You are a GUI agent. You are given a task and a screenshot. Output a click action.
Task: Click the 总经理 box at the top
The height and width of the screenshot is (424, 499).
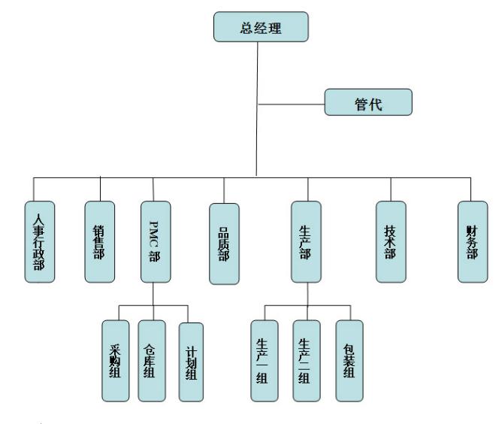(259, 27)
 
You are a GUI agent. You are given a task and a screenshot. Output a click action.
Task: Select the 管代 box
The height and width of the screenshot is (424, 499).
(368, 102)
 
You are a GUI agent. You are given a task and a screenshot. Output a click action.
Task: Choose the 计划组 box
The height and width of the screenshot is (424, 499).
(190, 361)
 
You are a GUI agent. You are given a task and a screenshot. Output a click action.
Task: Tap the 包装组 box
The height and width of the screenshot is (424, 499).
(349, 359)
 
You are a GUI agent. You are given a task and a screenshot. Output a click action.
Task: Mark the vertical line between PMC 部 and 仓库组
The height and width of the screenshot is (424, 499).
(153, 294)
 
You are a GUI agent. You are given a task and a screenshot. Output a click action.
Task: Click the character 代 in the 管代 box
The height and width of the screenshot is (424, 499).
(377, 102)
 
